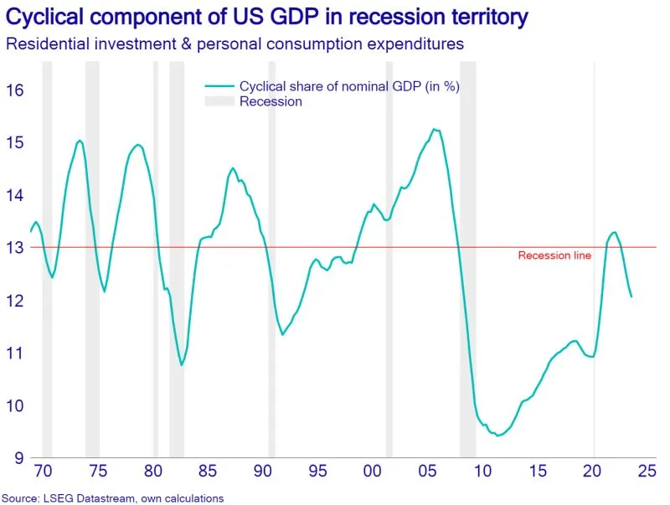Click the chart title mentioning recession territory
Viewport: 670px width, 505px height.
coord(267,17)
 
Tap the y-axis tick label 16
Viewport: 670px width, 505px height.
coord(15,90)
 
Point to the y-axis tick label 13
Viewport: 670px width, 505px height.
coord(15,248)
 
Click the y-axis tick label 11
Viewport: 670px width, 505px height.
coord(15,353)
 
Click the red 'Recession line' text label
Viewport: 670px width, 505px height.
coord(554,256)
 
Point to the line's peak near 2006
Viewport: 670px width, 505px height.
coord(434,129)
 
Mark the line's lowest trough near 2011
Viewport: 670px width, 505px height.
coord(497,435)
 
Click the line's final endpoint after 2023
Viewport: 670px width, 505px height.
coord(631,296)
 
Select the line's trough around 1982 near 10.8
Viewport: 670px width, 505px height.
coord(182,365)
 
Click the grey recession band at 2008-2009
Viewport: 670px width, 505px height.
coord(467,251)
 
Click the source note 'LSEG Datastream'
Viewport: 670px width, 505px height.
coord(112,498)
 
